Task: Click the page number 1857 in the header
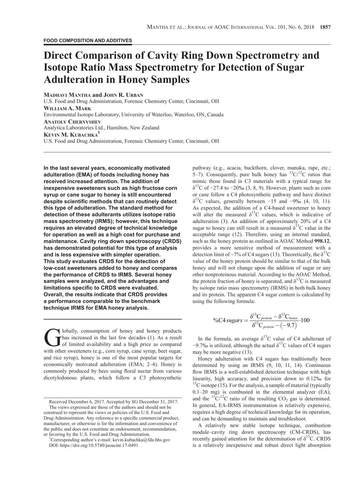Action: [x=325, y=27]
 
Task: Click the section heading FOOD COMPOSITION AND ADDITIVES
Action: [x=88, y=41]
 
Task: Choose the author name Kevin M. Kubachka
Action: [x=71, y=135]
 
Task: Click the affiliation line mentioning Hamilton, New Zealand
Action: [x=101, y=128]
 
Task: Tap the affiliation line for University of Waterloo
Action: [x=133, y=115]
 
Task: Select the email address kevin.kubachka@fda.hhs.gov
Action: [x=141, y=440]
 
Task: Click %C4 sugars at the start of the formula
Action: [x=227, y=320]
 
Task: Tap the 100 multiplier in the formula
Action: [x=305, y=320]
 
